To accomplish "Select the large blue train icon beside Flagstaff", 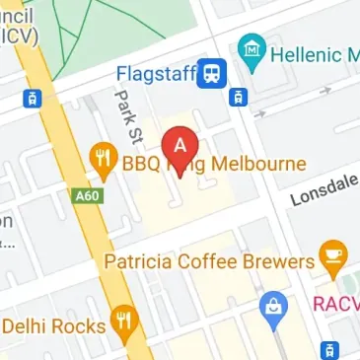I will (212, 73).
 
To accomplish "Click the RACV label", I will (336, 304).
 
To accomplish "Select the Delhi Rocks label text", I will (53, 325).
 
